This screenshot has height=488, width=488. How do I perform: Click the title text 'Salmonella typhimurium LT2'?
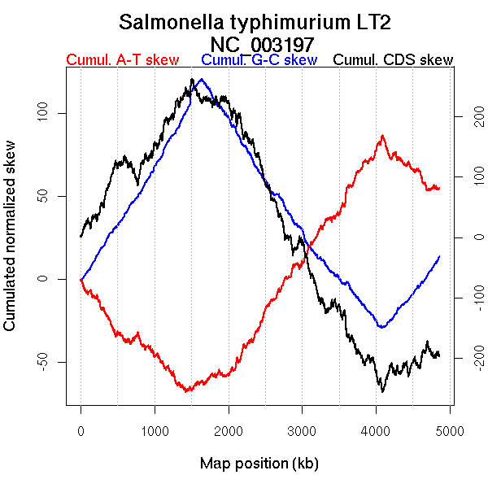click(260, 22)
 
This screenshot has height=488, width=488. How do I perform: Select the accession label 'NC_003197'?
click(260, 43)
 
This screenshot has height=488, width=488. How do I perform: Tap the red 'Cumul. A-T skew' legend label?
click(122, 60)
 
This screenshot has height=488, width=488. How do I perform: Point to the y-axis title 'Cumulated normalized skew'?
click(11, 244)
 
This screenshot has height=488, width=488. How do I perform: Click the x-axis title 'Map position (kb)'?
click(259, 464)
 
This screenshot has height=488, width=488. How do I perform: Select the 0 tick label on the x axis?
click(81, 429)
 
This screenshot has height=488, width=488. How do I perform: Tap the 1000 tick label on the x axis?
click(155, 429)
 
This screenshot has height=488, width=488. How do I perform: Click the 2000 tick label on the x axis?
click(229, 429)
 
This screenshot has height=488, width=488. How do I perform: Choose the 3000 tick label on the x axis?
click(302, 429)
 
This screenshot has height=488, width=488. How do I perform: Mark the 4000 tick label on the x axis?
click(376, 429)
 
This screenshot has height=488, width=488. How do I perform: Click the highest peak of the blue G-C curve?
click(201, 80)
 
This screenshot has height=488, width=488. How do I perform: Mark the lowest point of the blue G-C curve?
click(381, 327)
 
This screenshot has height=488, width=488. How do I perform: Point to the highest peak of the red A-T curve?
click(382, 136)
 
